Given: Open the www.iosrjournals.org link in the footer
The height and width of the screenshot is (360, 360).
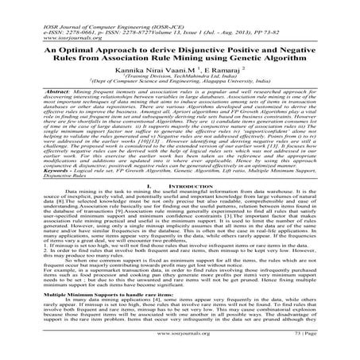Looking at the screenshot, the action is point(180,344).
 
